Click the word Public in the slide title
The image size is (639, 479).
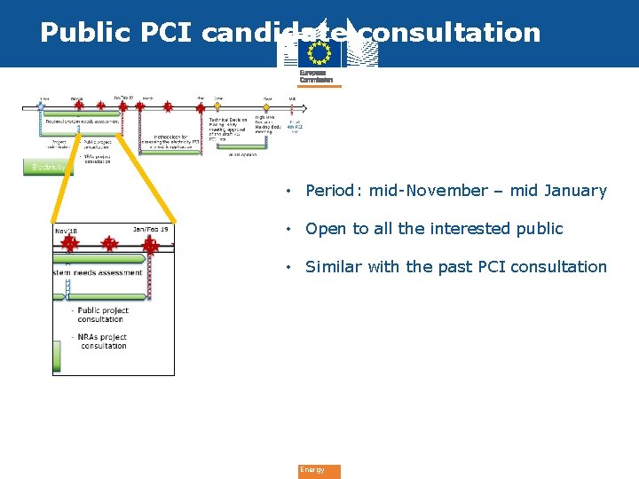[80, 33]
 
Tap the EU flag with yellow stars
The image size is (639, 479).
[319, 55]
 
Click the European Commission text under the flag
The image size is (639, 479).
[317, 76]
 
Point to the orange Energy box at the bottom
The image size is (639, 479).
[319, 471]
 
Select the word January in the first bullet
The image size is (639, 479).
[575, 191]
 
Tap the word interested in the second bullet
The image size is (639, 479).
[471, 229]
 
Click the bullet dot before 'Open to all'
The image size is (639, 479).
[288, 229]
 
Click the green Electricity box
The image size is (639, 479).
[49, 167]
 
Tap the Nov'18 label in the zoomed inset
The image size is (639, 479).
[66, 230]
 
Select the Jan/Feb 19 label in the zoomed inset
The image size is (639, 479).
[150, 230]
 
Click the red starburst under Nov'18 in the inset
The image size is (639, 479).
[68, 243]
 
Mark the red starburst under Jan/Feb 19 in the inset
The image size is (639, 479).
[150, 244]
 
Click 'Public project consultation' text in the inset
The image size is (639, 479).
[102, 315]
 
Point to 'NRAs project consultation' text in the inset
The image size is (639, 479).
[102, 342]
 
